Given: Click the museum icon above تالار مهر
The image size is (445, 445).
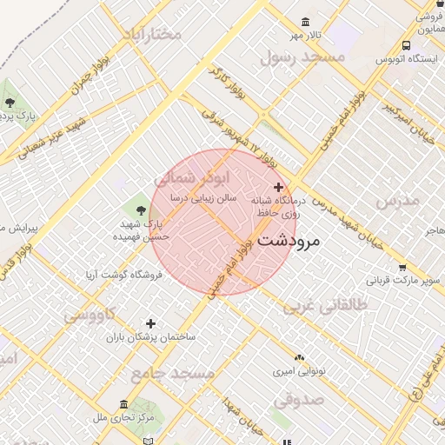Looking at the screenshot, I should [x=305, y=22].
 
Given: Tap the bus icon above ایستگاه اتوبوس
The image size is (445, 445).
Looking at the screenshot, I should [x=406, y=46].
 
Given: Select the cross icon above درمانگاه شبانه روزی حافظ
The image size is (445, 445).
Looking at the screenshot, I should [x=278, y=187].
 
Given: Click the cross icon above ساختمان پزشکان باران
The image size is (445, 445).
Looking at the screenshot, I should [x=151, y=323].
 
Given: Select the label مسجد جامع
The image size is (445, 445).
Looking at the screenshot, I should [x=172, y=373].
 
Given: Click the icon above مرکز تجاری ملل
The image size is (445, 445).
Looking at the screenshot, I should [x=123, y=405].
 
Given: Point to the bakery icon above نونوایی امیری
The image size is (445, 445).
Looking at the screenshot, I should [x=300, y=357].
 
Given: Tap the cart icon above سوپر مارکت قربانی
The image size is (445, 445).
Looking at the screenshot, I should [x=402, y=268].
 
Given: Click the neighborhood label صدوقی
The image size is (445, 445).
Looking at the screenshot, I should [x=298, y=401].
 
